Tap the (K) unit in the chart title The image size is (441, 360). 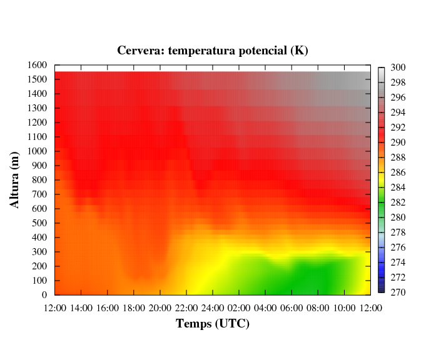tap(299, 51)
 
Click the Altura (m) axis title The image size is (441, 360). tap(14, 180)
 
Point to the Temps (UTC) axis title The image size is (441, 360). tap(213, 324)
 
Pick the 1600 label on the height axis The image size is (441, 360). tap(37, 65)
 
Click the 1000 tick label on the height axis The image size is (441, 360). tap(37, 151)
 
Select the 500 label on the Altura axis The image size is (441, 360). tap(39, 223)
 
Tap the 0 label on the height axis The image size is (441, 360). tap(44, 295)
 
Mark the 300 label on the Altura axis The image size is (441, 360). tap(39, 252)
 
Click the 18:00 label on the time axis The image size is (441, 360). tap(134, 308)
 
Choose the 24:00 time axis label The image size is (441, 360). tap(213, 308)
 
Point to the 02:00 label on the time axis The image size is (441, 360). tap(239, 308)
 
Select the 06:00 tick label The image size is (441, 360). tap(291, 308)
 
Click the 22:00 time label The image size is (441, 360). tap(186, 308)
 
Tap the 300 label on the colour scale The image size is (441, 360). tap(398, 67)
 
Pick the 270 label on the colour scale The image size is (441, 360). tap(398, 292)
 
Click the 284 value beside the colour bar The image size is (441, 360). tap(398, 187)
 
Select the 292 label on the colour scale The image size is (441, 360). tap(398, 127)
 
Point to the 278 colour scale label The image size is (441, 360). tap(398, 232)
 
